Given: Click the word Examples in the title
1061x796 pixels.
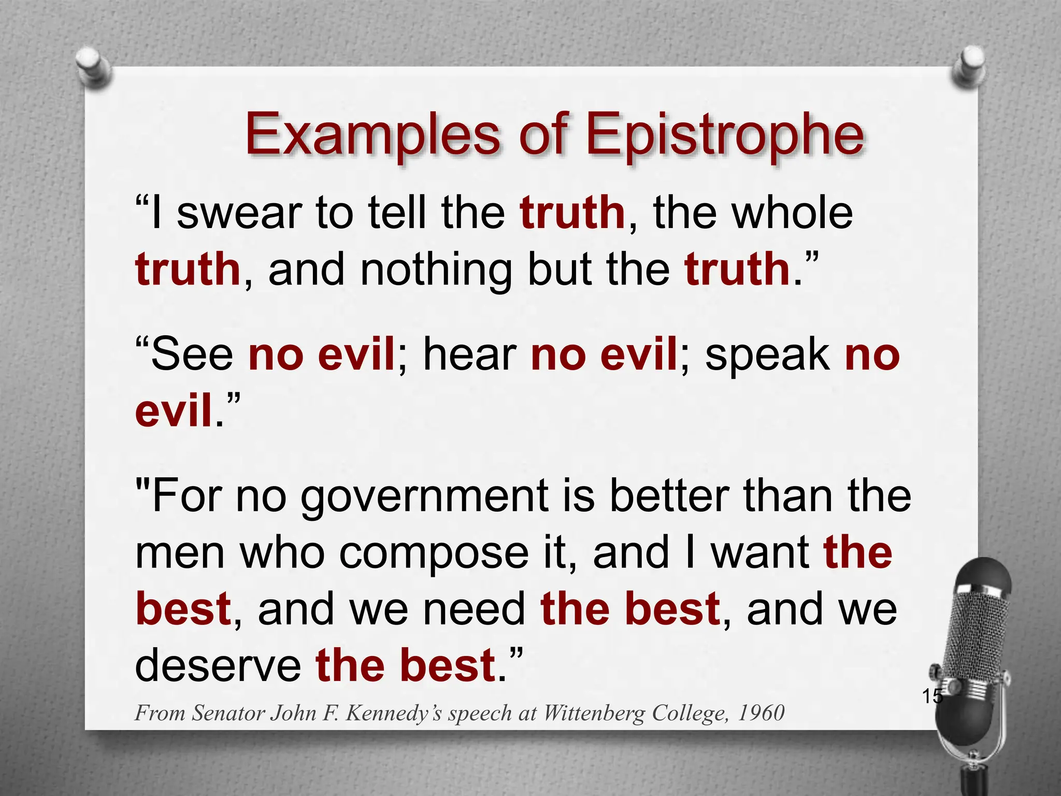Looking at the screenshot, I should [372, 136].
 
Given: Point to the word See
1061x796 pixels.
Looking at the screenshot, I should [192, 355].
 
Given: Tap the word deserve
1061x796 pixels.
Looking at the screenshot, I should [218, 666].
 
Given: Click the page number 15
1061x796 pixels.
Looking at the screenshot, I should [932, 696].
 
